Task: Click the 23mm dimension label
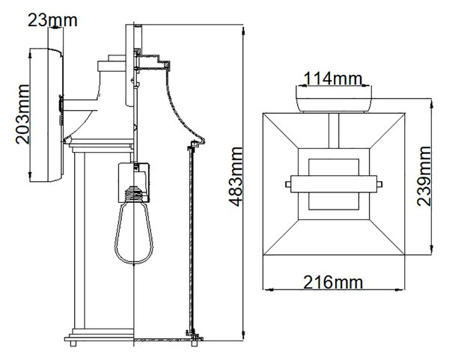coord(52,20)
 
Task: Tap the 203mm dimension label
coord(22,115)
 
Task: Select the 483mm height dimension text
coord(236,177)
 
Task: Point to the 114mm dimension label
coord(333,78)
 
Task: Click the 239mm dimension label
coord(424,176)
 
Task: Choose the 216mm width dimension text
coord(333,282)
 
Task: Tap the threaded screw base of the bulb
coord(134,194)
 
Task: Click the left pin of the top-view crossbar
coord(288,184)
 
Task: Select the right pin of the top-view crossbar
coord(379,184)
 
